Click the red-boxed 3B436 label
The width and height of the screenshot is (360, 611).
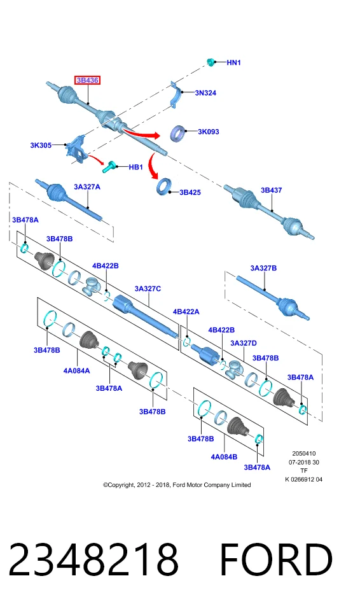(x=87, y=80)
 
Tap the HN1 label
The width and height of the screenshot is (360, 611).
(x=234, y=62)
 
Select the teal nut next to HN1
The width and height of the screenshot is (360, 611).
(x=211, y=62)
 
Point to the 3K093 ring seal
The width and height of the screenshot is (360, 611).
(x=178, y=133)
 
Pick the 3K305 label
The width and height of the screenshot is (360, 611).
(x=41, y=145)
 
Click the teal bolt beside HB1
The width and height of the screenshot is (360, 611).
(x=110, y=166)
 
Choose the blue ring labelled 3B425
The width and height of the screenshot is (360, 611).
(x=164, y=186)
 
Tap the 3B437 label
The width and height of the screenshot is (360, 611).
(x=271, y=190)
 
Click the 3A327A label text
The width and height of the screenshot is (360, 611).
(x=87, y=187)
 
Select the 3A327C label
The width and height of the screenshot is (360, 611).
(x=148, y=289)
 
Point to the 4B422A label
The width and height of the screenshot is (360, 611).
(x=186, y=312)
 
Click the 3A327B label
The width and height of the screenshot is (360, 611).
(x=263, y=268)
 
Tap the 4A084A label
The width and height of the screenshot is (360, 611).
(x=76, y=370)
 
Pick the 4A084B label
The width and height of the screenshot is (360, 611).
(x=224, y=457)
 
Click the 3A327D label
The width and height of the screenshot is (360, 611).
(x=244, y=343)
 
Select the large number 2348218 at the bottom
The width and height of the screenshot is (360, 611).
(x=93, y=559)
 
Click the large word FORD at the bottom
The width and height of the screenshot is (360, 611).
(x=276, y=559)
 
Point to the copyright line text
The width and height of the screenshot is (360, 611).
(x=177, y=485)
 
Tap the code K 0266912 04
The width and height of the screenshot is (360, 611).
(x=303, y=480)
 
